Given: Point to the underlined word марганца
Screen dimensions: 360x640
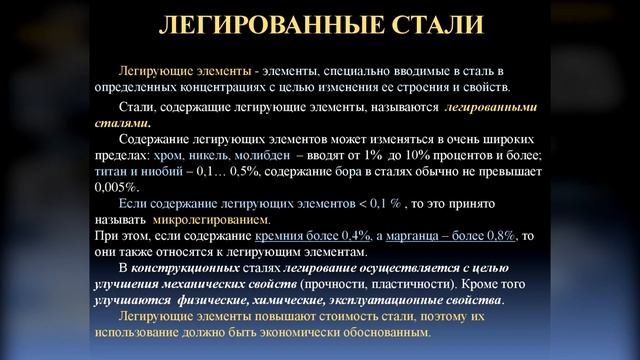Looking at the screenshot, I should [414, 235].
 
